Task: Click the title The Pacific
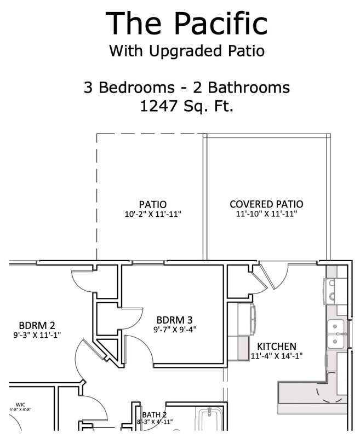(187, 23)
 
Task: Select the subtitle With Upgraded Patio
(187, 51)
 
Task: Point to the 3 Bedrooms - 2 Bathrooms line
(187, 87)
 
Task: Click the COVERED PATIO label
(266, 204)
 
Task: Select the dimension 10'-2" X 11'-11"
(153, 214)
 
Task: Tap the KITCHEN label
(277, 346)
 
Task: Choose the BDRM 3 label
(174, 320)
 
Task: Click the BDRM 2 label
(37, 325)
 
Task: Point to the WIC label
(21, 405)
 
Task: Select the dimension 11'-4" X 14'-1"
(277, 355)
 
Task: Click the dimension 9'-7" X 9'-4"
(174, 329)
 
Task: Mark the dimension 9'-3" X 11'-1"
(37, 334)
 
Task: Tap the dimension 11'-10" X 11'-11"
(266, 214)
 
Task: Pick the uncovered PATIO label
(153, 205)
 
